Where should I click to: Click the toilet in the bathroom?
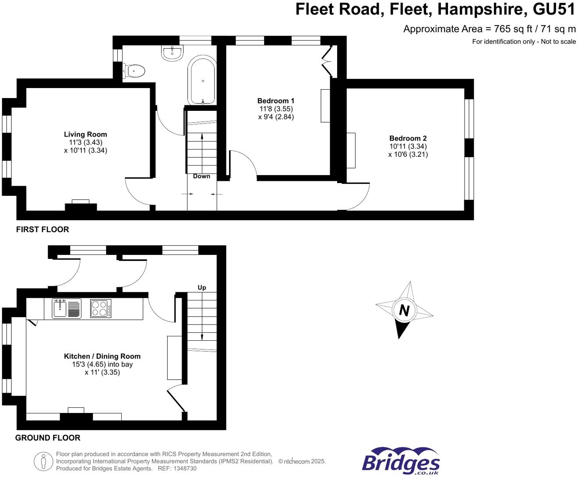[134, 71]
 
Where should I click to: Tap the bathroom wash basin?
[173, 53]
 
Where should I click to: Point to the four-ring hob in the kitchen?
[101, 308]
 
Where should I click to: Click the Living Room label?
[85, 134]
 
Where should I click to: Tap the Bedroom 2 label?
[408, 138]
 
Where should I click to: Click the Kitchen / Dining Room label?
[102, 356]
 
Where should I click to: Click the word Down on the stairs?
[201, 176]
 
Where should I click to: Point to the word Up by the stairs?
[202, 288]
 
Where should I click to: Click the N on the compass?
[404, 310]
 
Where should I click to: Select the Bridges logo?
[401, 461]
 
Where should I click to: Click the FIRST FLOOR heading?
[42, 229]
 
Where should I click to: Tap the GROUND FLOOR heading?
[48, 438]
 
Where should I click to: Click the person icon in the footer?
[43, 462]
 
